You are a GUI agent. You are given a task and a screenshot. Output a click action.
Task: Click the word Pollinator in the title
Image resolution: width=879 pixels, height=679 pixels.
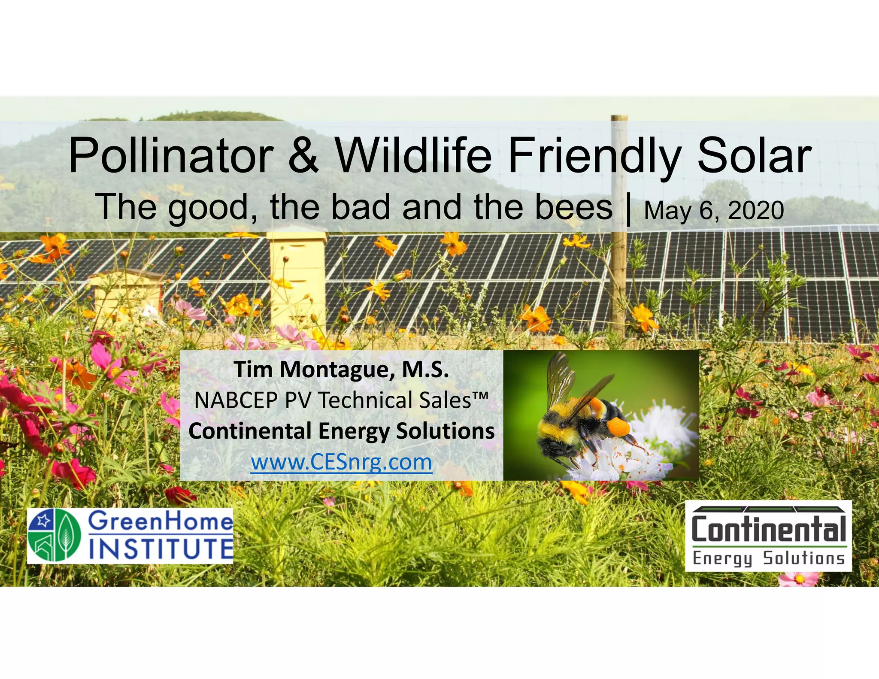(x=171, y=155)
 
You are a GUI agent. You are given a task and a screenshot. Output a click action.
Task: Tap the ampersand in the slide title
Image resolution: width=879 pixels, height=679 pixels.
(x=303, y=155)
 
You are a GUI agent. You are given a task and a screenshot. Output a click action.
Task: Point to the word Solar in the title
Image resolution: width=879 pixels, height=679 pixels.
(x=754, y=155)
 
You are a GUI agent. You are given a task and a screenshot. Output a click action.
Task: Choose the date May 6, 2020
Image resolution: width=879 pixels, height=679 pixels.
(x=714, y=211)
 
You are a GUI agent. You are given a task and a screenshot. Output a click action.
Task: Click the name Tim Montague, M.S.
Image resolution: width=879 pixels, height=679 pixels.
(x=341, y=370)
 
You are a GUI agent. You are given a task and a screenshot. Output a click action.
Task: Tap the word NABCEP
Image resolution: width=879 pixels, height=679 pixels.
(x=236, y=400)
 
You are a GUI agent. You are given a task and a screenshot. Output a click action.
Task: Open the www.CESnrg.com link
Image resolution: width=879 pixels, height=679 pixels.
(x=341, y=462)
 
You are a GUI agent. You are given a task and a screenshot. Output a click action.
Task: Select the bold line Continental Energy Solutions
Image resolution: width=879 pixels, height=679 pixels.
(x=341, y=431)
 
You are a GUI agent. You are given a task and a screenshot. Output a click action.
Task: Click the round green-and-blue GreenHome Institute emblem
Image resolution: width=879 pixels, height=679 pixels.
(x=55, y=536)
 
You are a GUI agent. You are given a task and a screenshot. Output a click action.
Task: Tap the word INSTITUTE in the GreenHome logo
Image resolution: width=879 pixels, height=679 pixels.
(x=161, y=549)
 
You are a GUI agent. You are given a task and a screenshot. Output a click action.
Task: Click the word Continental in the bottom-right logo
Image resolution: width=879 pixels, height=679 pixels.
(x=768, y=530)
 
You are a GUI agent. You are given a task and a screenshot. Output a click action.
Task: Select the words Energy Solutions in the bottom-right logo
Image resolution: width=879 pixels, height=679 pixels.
(x=768, y=558)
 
